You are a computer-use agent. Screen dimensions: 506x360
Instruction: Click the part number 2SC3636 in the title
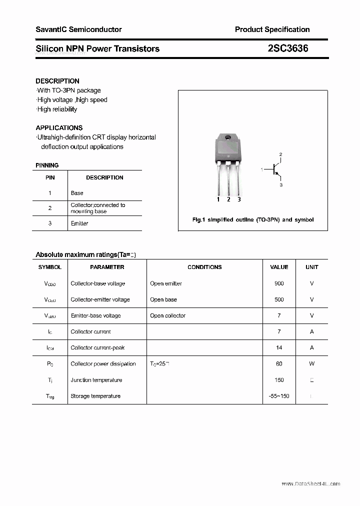pos(288,48)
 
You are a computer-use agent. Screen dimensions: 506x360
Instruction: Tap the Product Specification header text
pos(272,29)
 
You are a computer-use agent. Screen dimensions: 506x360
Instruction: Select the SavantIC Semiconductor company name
pos(78,29)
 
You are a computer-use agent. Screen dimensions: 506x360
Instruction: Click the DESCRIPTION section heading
pos(57,81)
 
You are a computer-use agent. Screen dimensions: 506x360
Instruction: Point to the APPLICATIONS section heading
pos(59,127)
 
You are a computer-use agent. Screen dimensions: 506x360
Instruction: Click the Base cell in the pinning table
pos(77,193)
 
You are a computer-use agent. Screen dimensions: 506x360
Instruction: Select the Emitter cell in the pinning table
pos(79,223)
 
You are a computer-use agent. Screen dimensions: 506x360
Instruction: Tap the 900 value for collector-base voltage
pos(279,283)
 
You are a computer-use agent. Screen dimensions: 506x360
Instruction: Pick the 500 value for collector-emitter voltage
pos(279,299)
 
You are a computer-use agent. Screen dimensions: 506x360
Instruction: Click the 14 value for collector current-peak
pos(279,347)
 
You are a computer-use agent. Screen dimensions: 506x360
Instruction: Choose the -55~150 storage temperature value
pos(279,396)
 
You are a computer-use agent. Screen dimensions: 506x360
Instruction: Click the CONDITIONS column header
pos(204,267)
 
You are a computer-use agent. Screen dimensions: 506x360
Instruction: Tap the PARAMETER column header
pos(107,267)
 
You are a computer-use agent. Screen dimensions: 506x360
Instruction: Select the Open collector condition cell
pos(167,315)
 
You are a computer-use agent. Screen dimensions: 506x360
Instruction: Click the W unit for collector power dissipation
pos(311,363)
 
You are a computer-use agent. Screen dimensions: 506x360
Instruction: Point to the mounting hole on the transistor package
pos(228,138)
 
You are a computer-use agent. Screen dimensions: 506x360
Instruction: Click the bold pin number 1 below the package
pos(218,199)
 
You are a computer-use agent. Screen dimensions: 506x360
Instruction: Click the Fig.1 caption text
pos(253,220)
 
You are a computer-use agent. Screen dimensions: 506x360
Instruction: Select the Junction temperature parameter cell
pos(96,380)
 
